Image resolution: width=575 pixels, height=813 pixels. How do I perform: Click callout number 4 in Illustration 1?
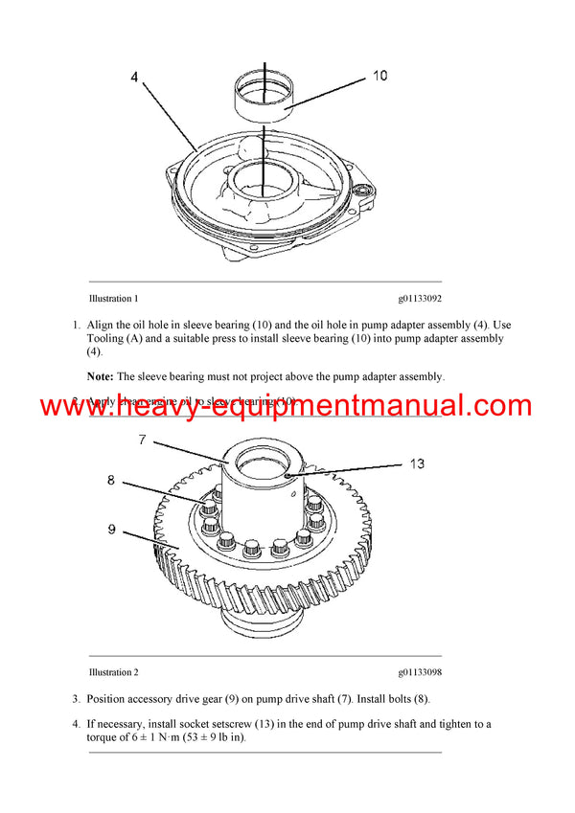[x=134, y=76]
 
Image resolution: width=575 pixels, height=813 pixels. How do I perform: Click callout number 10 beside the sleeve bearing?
[x=379, y=76]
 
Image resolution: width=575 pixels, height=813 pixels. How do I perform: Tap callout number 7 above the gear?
[x=141, y=440]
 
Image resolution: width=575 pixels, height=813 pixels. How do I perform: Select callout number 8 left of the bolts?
[x=111, y=481]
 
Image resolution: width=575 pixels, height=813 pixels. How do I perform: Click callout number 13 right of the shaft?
[x=417, y=463]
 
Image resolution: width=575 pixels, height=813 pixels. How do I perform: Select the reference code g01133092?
[x=420, y=299]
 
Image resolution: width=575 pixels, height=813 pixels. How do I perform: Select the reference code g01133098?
[x=420, y=672]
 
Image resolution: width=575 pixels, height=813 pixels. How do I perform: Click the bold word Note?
[x=101, y=376]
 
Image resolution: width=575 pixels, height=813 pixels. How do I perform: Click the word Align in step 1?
[x=102, y=325]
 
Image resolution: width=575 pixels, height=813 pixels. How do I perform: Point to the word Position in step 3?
[x=108, y=699]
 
